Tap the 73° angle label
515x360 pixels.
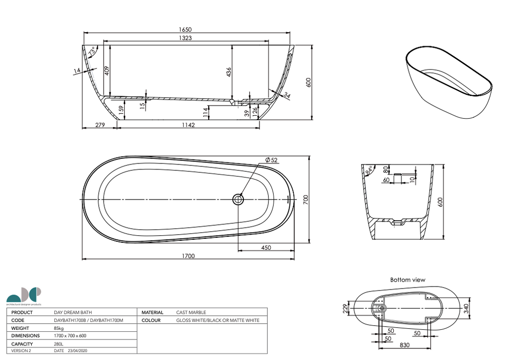point(92,52)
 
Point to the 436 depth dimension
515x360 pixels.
point(229,71)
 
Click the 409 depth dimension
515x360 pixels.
point(106,70)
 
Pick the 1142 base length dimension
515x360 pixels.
point(188,125)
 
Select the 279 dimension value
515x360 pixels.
point(99,125)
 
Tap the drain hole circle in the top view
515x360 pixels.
point(238,200)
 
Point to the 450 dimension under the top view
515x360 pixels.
point(266,247)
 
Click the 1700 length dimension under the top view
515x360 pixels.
point(188,256)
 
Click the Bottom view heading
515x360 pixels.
point(407,280)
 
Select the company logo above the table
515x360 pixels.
point(24,296)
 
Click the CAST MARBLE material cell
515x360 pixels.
point(191,312)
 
